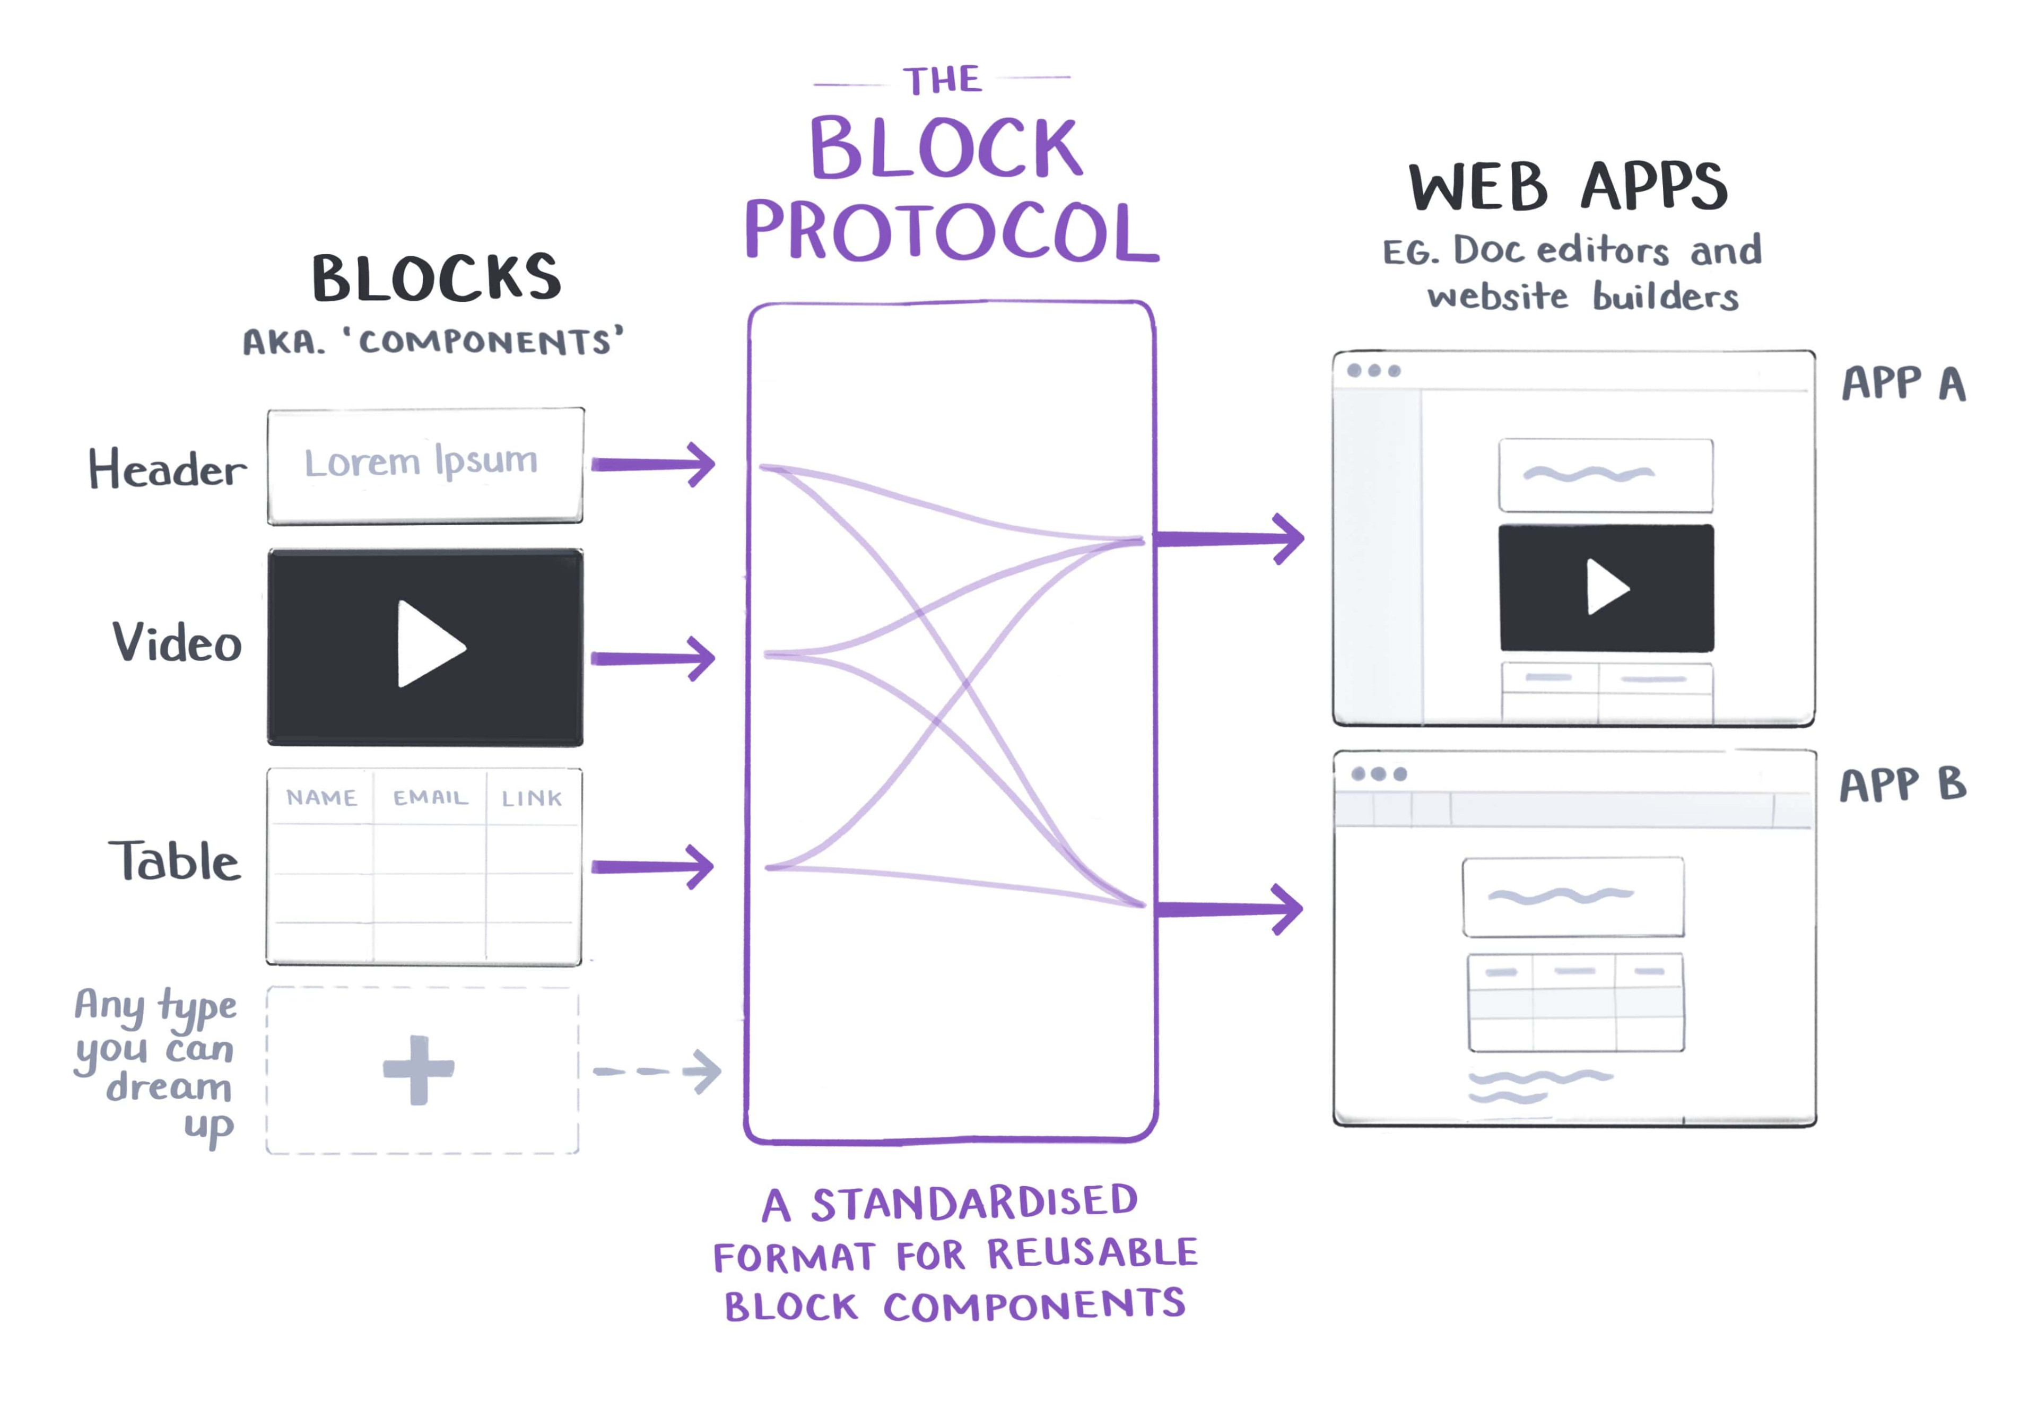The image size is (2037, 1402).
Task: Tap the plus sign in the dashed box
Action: (418, 1069)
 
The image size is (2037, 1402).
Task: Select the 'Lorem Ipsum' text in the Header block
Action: (421, 461)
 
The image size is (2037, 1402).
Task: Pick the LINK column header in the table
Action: (532, 798)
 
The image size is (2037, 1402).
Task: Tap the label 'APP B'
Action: (1903, 783)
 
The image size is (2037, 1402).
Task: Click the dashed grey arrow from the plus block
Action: (657, 1071)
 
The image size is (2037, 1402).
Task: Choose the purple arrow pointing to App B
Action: (1230, 908)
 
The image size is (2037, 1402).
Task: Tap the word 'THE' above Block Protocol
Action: (943, 80)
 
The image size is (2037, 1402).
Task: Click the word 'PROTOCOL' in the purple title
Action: (951, 231)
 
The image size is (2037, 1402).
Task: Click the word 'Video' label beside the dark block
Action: (177, 642)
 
